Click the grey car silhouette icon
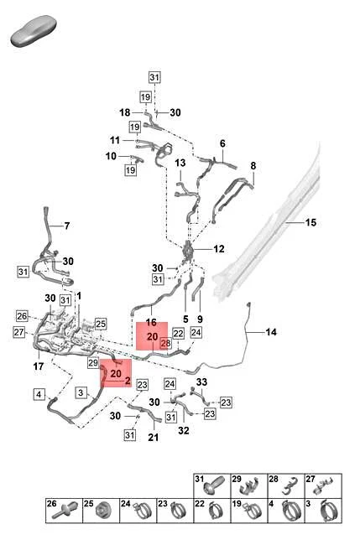(34, 30)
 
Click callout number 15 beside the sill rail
(310, 222)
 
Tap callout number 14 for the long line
(271, 332)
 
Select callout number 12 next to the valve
(219, 249)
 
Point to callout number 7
(67, 226)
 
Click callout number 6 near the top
(222, 143)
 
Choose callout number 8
(253, 166)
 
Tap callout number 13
(180, 163)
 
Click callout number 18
(125, 112)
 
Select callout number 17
(39, 366)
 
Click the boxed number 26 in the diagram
(22, 316)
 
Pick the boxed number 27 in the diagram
(19, 332)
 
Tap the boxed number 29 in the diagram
(93, 363)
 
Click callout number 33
(201, 382)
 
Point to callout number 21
(154, 437)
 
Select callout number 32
(184, 431)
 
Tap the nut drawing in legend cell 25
(102, 511)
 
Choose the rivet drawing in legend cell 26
(64, 511)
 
